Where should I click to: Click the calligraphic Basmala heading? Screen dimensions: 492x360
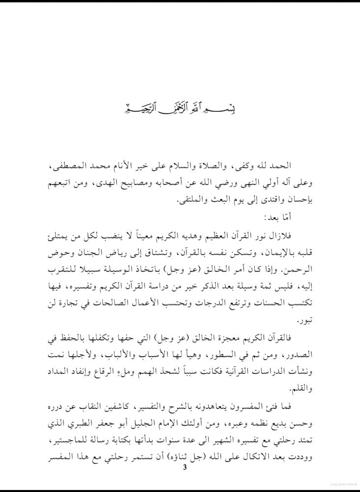click(180, 108)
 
